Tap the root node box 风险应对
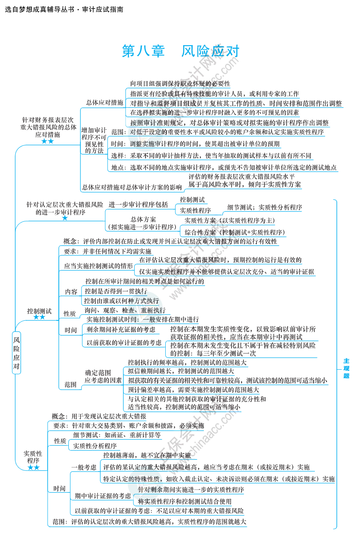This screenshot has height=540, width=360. [x=16, y=353]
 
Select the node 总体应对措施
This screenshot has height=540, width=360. [x=104, y=102]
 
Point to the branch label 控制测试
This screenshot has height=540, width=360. [x=39, y=311]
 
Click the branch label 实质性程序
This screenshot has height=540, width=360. [x=33, y=457]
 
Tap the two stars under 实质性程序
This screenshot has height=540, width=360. [x=33, y=468]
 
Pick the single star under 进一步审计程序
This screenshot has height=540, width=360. [x=65, y=218]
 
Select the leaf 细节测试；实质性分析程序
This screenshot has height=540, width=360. [x=265, y=207]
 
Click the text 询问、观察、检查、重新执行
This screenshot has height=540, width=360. [x=125, y=310]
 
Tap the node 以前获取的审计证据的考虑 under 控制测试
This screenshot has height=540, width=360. [x=124, y=343]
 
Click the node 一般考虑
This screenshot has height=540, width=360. [x=84, y=467]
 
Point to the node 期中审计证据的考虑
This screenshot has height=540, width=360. [x=103, y=496]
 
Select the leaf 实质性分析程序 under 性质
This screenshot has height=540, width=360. [x=95, y=446]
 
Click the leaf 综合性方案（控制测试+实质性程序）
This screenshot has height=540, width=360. [x=235, y=232]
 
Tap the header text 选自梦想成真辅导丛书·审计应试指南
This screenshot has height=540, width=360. [x=64, y=9]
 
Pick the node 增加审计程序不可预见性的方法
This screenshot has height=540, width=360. [x=94, y=140]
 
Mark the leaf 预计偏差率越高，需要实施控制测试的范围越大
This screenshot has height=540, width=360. [x=193, y=390]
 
